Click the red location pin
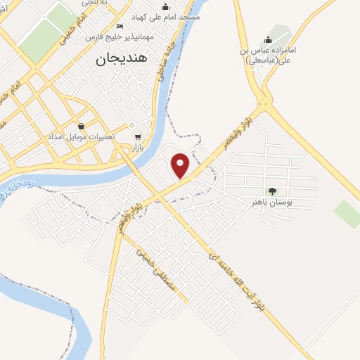pyautogui.click(x=181, y=165)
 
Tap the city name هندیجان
pyautogui.click(x=122, y=60)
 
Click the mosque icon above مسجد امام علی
pyautogui.click(x=165, y=6)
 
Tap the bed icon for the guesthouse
pyautogui.click(x=120, y=25)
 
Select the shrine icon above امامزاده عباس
pyautogui.click(x=267, y=40)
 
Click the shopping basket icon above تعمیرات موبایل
pyautogui.click(x=82, y=126)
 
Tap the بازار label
pyautogui.click(x=137, y=148)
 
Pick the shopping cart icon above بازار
pyautogui.click(x=138, y=138)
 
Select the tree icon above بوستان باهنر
pyautogui.click(x=272, y=191)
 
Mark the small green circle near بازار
pyautogui.click(x=131, y=125)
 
